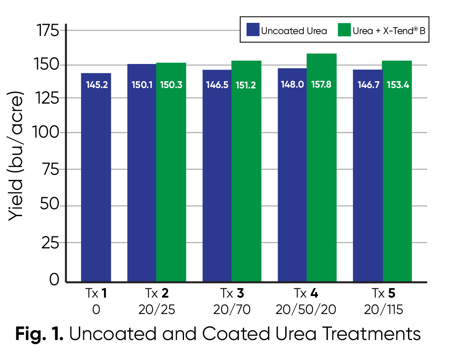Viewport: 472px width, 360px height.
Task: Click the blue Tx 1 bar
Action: click(x=96, y=180)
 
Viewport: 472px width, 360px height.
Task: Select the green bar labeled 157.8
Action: click(x=322, y=168)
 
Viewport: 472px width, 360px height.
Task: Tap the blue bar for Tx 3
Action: click(x=217, y=180)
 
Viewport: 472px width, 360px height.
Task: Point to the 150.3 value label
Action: click(x=171, y=85)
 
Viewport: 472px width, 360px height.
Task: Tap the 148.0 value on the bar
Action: click(x=292, y=85)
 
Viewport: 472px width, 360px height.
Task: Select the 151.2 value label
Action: click(x=246, y=85)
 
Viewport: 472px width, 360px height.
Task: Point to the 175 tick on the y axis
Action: click(x=47, y=30)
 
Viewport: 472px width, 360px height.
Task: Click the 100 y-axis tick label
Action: click(x=47, y=132)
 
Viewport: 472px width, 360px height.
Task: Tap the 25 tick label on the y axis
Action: click(x=50, y=243)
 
